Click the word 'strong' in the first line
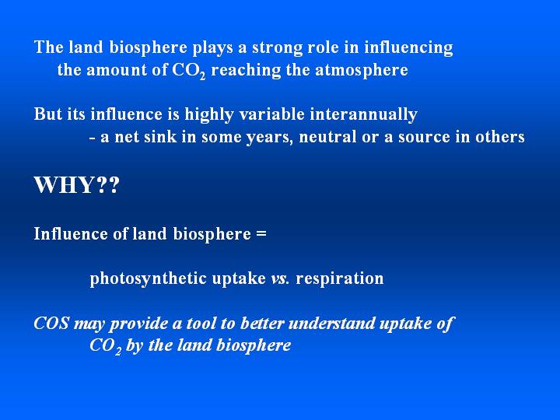[x=276, y=47]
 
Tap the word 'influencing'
[x=408, y=48]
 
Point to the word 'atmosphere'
[x=362, y=70]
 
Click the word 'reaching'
[x=246, y=70]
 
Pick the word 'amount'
[x=117, y=70]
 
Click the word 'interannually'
[x=363, y=115]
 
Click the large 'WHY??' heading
[x=76, y=185]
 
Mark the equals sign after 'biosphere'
[x=261, y=234]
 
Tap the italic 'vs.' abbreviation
[x=280, y=279]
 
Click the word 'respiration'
[x=340, y=279]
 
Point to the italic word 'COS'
[x=51, y=324]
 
